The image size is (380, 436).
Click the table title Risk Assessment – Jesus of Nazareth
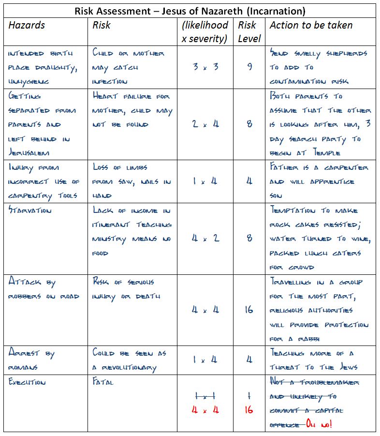(190, 11)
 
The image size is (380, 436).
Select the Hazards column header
(27, 25)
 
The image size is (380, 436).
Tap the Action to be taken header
(311, 25)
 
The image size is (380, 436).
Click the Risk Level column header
(249, 31)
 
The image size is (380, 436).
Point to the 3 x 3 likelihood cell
(205, 67)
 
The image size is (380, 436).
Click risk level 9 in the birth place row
(249, 67)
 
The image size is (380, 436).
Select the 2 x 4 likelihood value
(205, 124)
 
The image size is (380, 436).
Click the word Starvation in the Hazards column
(29, 210)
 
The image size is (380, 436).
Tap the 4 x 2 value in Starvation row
(205, 238)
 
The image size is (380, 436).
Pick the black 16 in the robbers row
(249, 309)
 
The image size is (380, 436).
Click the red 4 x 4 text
(205, 410)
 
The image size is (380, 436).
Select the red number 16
(249, 410)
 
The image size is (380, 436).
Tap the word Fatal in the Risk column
(103, 382)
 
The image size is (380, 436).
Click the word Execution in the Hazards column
(27, 382)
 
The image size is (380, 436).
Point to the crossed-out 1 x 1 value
(205, 396)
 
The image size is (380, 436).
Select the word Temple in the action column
(327, 153)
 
